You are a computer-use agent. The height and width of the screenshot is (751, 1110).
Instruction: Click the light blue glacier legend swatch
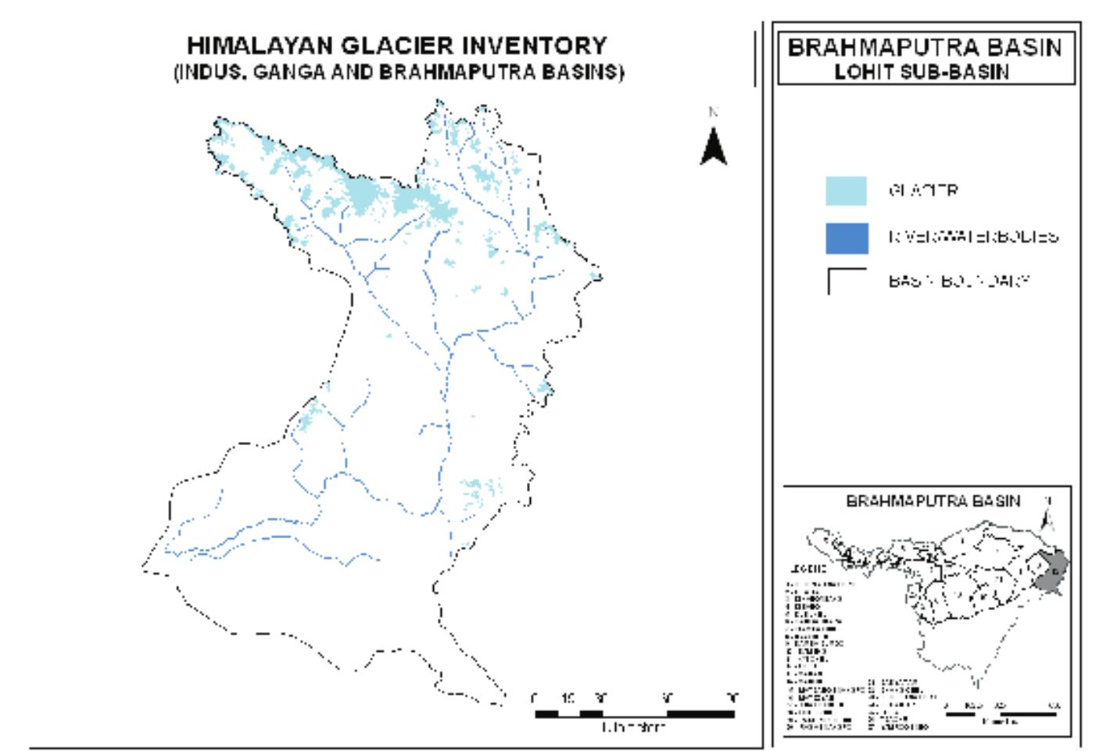click(846, 191)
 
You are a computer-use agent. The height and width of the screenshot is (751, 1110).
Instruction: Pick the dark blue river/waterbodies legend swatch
click(846, 239)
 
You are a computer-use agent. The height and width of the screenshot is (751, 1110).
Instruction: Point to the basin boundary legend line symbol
click(846, 280)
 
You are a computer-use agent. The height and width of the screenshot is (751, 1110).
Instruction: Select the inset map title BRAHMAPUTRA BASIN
click(933, 501)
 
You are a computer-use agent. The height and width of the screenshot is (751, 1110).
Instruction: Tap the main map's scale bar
click(634, 713)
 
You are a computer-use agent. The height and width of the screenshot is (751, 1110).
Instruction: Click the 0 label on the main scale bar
click(535, 698)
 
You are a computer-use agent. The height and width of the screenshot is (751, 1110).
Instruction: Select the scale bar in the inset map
click(1001, 713)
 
